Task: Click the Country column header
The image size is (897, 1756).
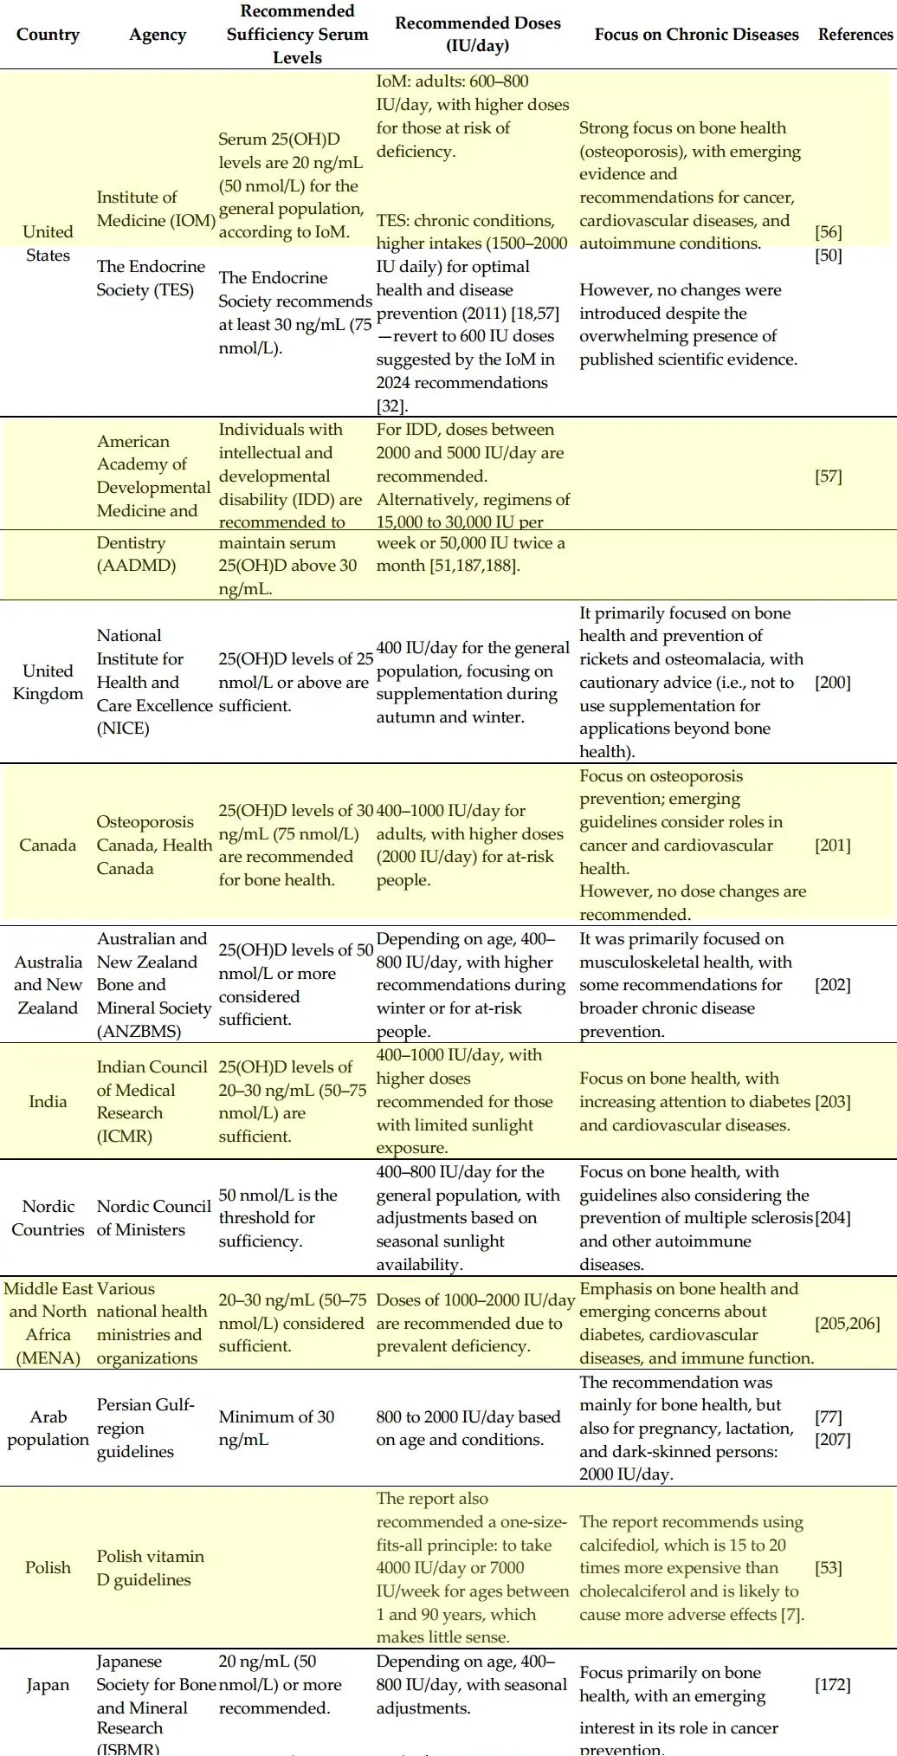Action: point(48,35)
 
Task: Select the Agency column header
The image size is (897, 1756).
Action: point(158,35)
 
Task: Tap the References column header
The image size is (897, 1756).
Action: point(855,35)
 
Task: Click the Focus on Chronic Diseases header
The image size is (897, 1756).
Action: point(696,35)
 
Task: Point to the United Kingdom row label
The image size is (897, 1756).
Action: point(48,682)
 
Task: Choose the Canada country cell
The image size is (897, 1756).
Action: point(48,845)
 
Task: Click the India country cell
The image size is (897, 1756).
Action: point(48,1101)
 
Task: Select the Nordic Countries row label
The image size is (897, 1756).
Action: point(48,1217)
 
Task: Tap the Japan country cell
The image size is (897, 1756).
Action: point(48,1685)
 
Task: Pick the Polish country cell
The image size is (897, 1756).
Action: point(48,1567)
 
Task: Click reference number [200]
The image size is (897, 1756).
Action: point(832,683)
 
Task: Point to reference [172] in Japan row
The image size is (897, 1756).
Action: point(832,1685)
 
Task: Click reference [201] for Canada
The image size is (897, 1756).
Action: point(832,845)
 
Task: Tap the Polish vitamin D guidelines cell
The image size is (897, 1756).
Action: point(150,1567)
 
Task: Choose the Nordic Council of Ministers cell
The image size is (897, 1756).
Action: point(153,1217)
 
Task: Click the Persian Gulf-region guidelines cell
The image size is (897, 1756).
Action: point(145,1428)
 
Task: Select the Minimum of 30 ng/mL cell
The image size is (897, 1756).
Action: point(275,1428)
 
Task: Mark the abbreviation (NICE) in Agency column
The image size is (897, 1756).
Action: point(123,729)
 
